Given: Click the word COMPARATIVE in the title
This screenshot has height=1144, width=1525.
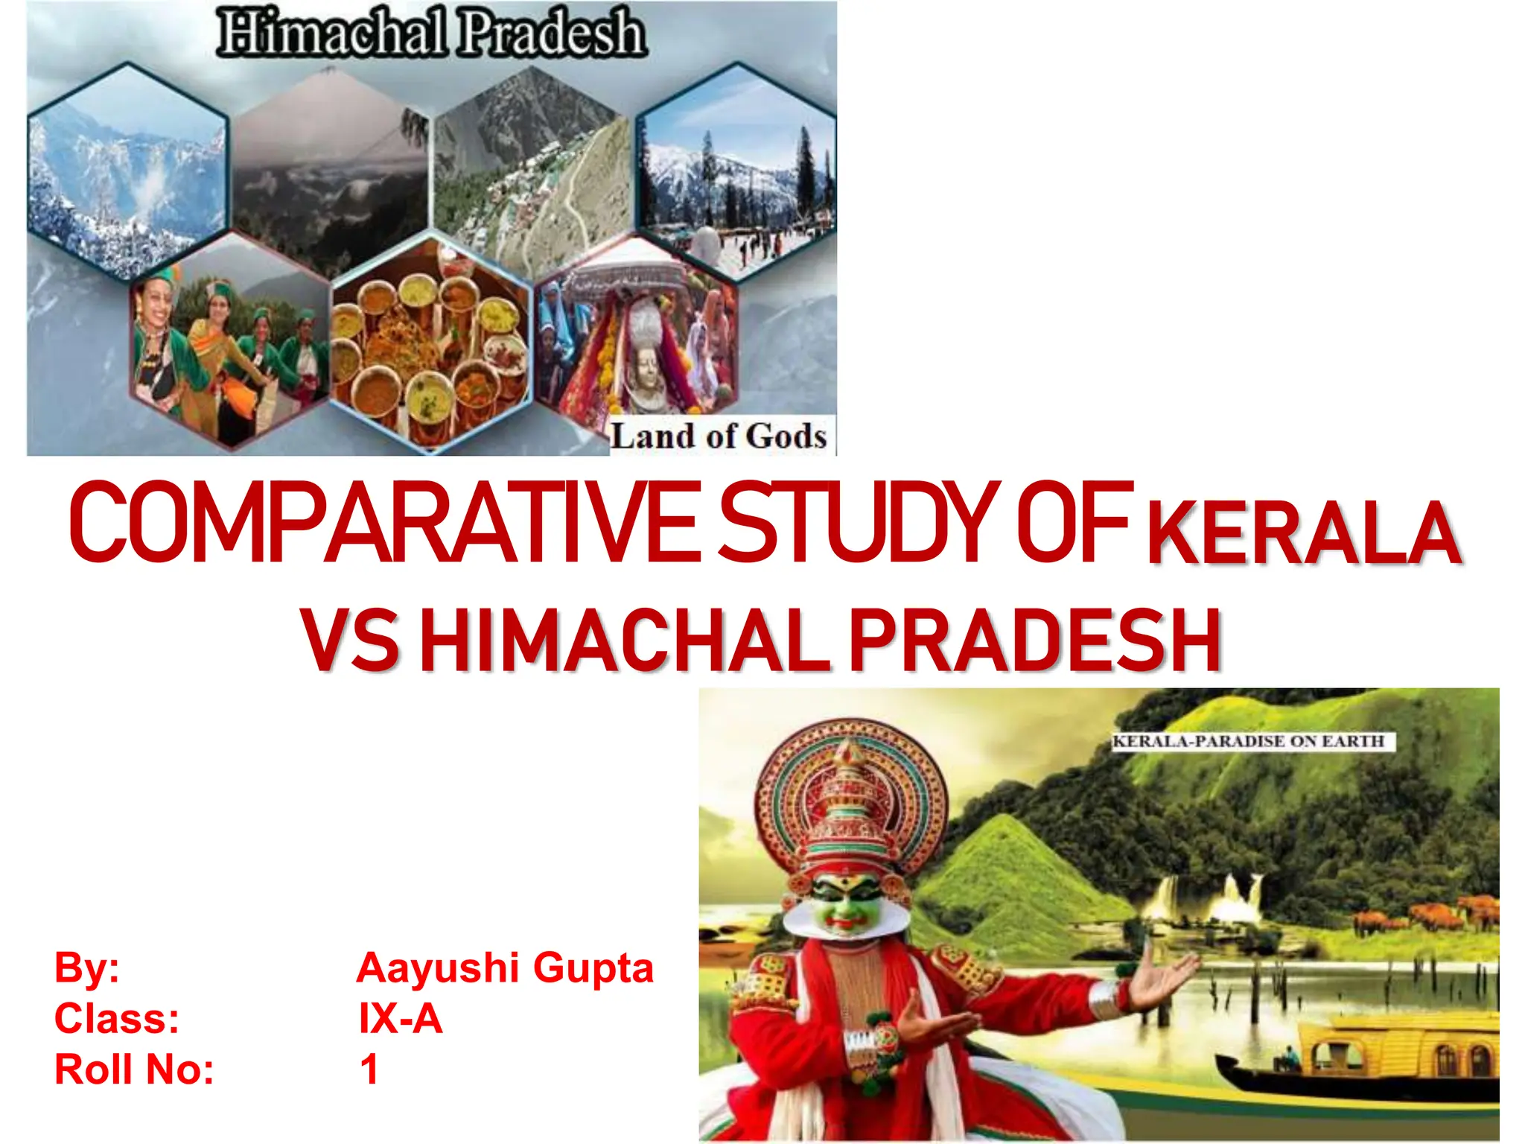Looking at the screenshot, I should click(x=383, y=522).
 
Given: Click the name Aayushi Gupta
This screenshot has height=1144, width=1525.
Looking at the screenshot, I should click(x=505, y=968).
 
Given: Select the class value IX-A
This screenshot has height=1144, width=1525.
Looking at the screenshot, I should click(x=401, y=1019).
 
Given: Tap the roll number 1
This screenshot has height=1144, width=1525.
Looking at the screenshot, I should click(x=369, y=1070).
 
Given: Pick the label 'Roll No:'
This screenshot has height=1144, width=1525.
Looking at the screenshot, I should click(x=135, y=1070).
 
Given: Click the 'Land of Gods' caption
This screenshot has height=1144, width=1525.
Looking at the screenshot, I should click(x=719, y=436).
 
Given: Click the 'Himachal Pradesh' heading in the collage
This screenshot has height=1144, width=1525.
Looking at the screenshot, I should click(x=432, y=33).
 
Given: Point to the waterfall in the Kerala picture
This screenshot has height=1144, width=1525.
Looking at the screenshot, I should click(x=1236, y=894).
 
